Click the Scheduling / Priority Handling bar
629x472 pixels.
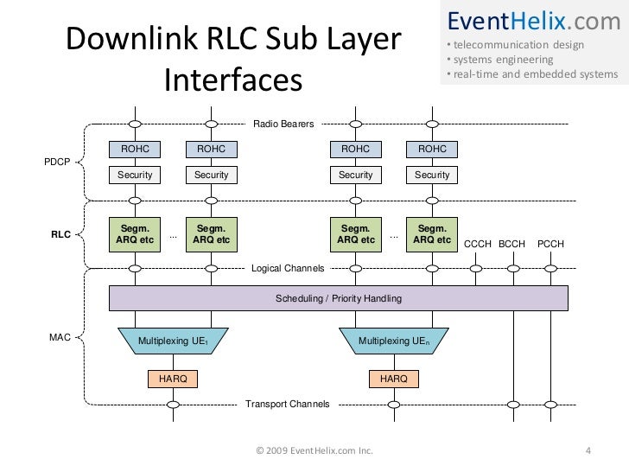point(338,298)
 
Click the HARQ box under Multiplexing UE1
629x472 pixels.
point(173,379)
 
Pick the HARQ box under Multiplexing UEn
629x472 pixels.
point(394,379)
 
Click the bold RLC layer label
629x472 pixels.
point(60,234)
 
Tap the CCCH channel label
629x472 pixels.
point(478,245)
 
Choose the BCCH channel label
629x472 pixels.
point(511,245)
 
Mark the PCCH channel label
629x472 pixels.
point(550,245)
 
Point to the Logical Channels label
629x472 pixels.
point(287,269)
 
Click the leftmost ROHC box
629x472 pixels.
point(135,150)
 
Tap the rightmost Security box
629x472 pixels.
point(432,175)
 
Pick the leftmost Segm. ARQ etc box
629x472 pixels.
point(135,233)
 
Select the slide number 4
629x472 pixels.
point(588,450)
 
